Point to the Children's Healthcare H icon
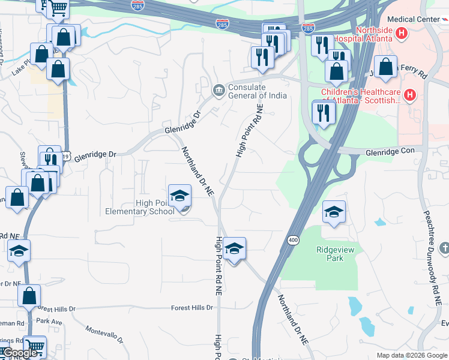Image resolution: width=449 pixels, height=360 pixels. point(410,95)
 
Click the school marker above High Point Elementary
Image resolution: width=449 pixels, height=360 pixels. point(179,196)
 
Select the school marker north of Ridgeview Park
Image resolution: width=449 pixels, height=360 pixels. point(334,212)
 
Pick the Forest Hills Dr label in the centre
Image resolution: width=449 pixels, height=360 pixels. point(192,307)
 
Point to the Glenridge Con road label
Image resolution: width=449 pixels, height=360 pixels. point(390,154)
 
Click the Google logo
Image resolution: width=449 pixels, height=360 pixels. point(19,353)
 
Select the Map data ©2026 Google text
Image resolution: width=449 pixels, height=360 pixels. point(411,355)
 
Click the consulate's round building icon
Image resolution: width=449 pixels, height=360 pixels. point(218,91)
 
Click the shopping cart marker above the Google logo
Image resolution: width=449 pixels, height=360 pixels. point(35,346)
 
